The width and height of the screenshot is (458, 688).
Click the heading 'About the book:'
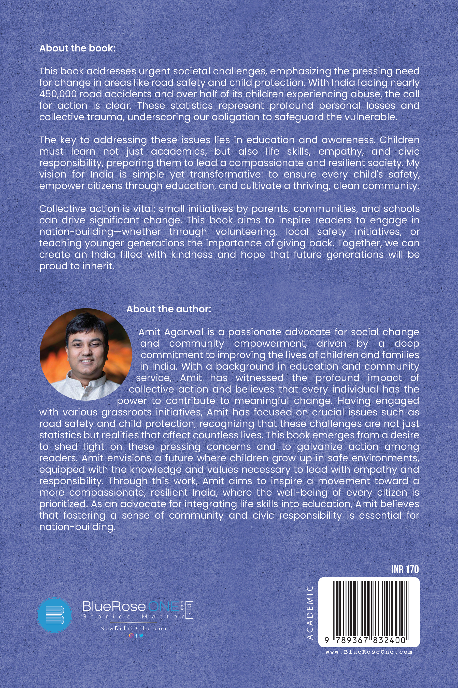[x=77, y=48]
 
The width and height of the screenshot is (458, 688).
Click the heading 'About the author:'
[x=168, y=309]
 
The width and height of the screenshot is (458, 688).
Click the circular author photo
[x=85, y=354]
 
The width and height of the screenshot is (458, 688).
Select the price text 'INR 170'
[x=405, y=570]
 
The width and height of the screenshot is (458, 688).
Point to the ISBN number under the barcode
[x=365, y=640]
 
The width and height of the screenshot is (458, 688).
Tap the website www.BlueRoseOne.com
[x=369, y=652]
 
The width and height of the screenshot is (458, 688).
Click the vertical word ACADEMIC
[x=310, y=612]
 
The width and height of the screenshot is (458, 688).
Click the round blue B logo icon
[x=55, y=615]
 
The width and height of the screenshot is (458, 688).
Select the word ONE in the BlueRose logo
[x=164, y=606]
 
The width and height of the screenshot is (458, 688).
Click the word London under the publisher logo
[x=154, y=628]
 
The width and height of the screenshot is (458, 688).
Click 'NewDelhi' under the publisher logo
[x=116, y=628]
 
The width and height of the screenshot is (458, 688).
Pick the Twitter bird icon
[x=141, y=635]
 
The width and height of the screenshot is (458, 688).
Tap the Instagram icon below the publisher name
[x=131, y=635]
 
